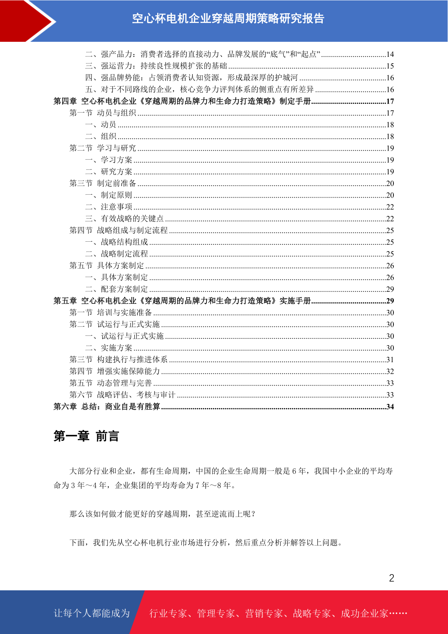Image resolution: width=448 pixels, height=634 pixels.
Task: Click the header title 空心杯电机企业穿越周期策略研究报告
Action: [228, 18]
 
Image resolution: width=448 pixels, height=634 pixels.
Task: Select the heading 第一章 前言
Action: [86, 436]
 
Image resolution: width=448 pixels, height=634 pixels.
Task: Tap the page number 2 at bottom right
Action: [392, 578]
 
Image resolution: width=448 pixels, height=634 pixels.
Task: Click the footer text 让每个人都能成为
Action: [92, 613]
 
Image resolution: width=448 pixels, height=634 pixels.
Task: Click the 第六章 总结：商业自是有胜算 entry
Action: [107, 407]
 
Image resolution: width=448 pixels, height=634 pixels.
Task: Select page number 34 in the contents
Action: [390, 407]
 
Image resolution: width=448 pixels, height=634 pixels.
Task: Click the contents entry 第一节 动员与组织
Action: [103, 113]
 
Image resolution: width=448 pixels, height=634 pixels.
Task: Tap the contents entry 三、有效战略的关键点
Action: [125, 219]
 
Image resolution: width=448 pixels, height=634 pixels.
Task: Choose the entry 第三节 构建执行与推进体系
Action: [118, 360]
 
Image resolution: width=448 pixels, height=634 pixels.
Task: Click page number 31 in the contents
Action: [390, 360]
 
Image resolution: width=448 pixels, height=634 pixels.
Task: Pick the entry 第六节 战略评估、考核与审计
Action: [123, 395]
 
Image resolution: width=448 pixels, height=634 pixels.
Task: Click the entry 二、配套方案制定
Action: [117, 289]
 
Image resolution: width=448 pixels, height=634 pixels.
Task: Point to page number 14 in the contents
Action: [390, 54]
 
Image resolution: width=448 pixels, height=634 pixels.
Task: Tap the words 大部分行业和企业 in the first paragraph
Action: [101, 471]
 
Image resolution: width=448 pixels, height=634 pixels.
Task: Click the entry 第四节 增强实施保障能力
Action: [115, 371]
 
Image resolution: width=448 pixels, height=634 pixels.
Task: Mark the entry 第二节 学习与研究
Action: [103, 148]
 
